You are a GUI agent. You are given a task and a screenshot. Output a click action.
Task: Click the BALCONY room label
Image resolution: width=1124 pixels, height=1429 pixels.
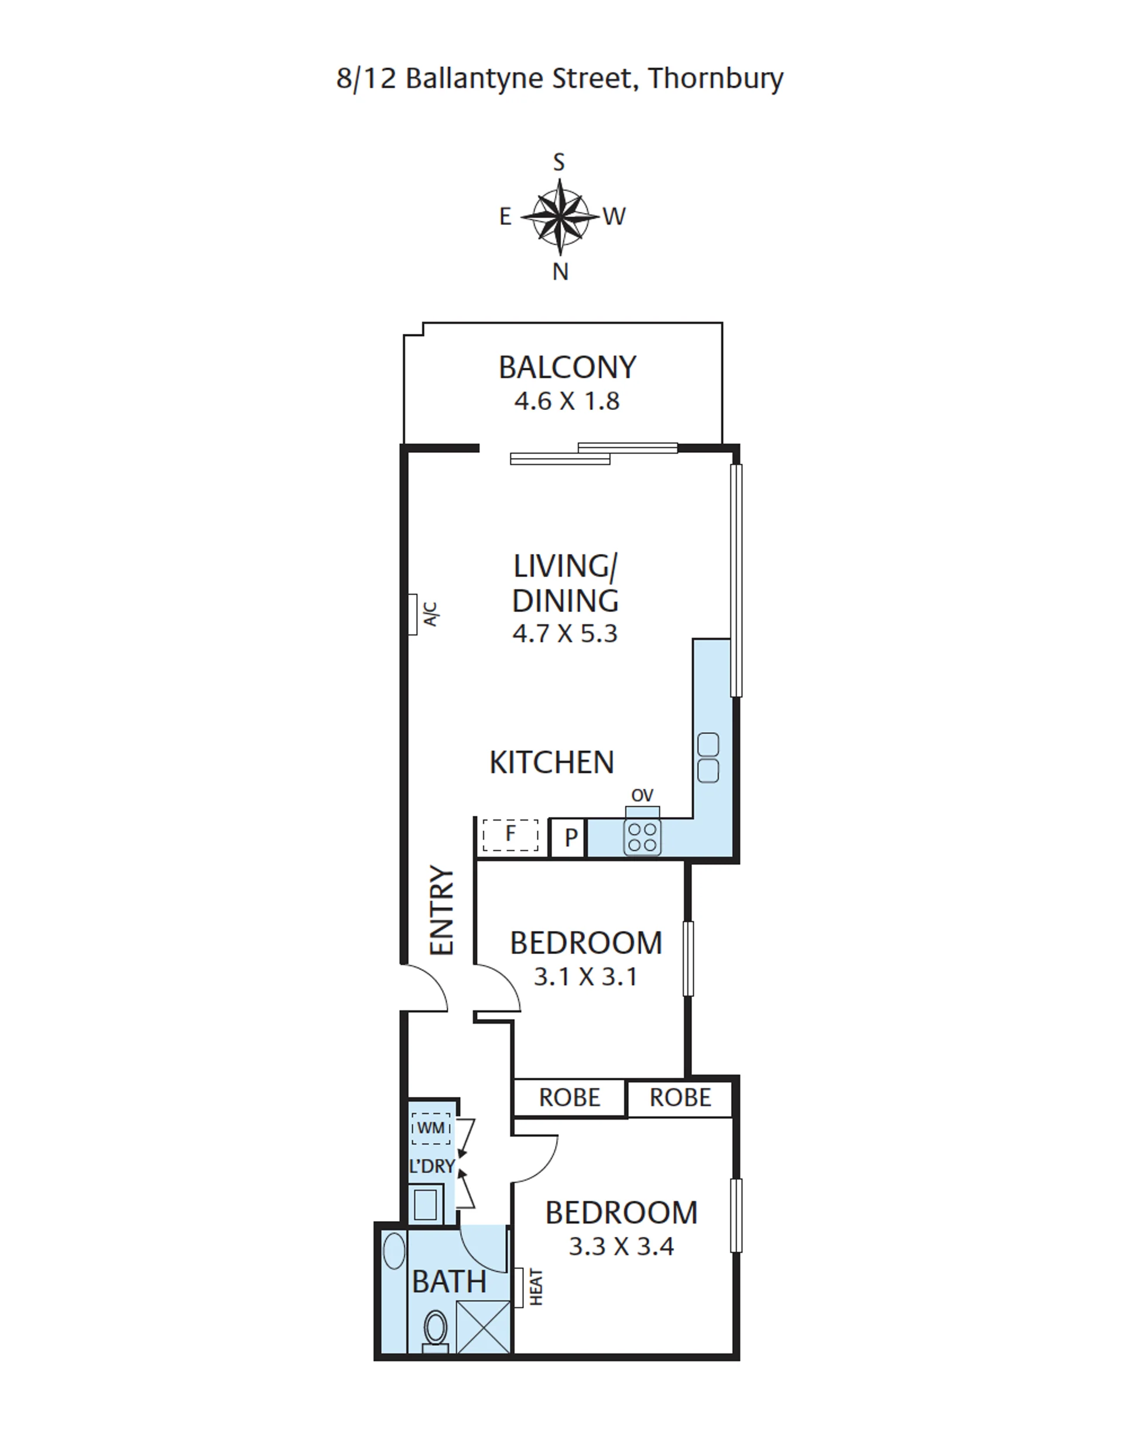point(567,367)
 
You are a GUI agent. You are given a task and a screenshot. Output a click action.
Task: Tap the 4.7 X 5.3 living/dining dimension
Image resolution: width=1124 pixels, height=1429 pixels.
point(566,633)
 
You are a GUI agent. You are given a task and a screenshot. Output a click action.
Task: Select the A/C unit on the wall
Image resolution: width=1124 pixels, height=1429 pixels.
point(413,614)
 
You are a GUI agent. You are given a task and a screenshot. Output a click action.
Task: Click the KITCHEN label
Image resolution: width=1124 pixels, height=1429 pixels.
point(551,762)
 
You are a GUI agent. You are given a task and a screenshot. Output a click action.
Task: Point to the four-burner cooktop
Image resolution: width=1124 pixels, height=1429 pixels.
point(642,837)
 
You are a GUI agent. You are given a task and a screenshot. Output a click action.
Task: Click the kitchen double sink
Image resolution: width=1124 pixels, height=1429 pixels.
point(708,758)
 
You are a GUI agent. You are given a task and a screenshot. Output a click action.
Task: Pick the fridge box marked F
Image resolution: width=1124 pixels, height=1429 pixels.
point(510,835)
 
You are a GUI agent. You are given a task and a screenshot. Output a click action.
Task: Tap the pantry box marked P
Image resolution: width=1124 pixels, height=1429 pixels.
point(567,837)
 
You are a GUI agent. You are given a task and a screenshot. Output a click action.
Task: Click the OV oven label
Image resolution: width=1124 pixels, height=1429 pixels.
point(642,795)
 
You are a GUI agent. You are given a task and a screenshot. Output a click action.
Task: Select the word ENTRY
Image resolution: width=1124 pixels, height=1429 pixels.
point(442,910)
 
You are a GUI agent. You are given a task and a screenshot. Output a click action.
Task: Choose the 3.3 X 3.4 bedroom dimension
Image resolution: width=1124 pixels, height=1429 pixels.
point(621,1247)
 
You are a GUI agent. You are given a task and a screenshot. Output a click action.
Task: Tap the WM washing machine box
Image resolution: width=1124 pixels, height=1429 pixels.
point(431,1128)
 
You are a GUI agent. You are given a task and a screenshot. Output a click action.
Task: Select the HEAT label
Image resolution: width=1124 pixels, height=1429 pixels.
point(536,1287)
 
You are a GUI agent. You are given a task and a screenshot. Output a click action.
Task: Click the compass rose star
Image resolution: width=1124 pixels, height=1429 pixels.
point(560,216)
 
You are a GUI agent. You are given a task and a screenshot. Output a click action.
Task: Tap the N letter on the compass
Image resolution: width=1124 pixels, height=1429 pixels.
point(560,272)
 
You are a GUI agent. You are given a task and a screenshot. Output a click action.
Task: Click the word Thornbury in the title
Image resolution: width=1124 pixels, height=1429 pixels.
point(716,79)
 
